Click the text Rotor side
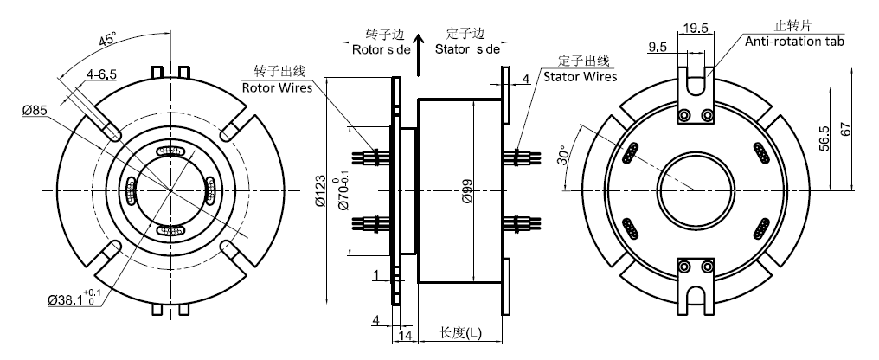(376, 49)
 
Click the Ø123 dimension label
(321, 193)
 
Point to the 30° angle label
(563, 156)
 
